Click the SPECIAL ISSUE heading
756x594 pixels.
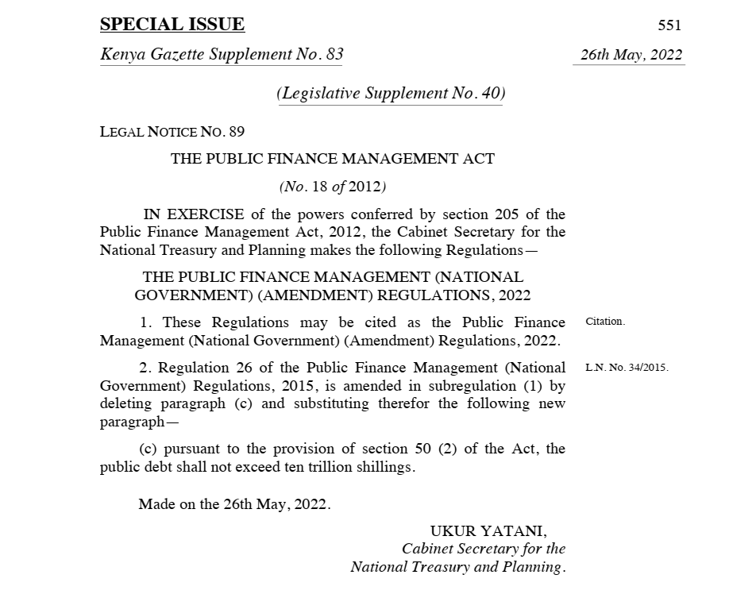point(172,25)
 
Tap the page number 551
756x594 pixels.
point(669,25)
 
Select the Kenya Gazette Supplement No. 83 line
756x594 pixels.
point(222,55)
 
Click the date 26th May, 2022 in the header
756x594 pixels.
point(631,56)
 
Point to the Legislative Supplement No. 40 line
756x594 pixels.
point(391,93)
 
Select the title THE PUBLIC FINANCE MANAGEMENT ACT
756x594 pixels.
point(332,159)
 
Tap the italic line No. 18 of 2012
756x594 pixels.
point(332,187)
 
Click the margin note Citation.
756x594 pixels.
point(605,322)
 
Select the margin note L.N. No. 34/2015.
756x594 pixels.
point(627,368)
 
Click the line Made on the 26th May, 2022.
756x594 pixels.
point(234,504)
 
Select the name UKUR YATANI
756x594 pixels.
point(488,530)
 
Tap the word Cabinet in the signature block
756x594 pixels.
point(430,549)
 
